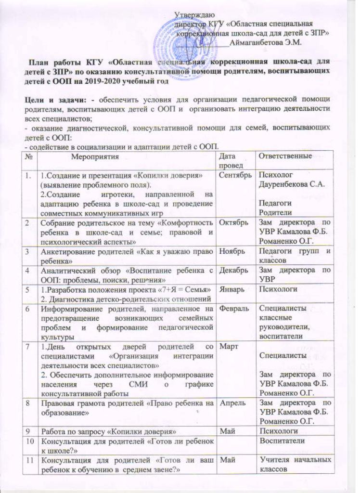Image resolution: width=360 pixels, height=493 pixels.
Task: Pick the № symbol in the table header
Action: [x=30, y=156]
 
